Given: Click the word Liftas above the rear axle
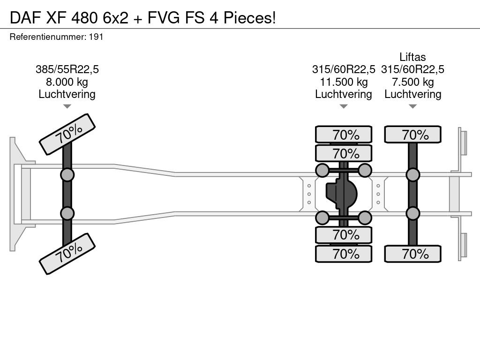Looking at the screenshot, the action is pos(412,57).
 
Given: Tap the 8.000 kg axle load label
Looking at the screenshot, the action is pos(67,82).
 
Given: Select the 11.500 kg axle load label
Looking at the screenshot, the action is pos(344,82).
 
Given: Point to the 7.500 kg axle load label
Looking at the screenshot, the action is pos(412,82).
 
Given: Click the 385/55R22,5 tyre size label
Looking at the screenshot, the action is pos(67,69).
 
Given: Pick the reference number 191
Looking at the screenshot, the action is pos(96,37).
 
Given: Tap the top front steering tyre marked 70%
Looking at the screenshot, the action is pos(67,135).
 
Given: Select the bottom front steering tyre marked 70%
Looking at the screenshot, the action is pos(67,254).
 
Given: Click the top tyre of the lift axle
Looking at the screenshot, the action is pos(412,135).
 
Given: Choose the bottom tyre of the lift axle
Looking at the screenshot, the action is pos(412,254).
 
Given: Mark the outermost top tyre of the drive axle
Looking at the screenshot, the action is pos(344,135).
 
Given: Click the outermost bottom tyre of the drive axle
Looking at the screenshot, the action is pos(344,254).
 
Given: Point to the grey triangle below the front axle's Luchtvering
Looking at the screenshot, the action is pos(67,106).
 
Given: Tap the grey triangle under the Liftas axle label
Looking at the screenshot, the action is pos(412,106).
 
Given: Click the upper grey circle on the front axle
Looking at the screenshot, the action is pos(67,175).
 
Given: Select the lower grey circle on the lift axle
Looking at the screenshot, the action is pos(412,213).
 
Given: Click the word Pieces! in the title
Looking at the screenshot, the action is pos(250,17).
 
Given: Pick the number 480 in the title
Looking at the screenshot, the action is pos(84,17).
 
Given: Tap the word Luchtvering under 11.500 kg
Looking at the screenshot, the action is pos(344,94).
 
